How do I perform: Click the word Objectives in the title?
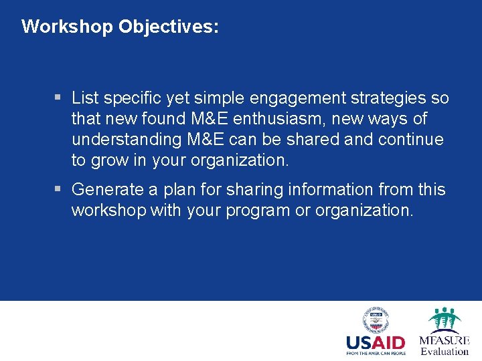[x=168, y=27]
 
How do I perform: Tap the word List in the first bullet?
[x=85, y=98]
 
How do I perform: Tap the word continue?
[x=410, y=140]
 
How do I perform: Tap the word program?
[x=259, y=211]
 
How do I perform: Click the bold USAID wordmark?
[x=376, y=342]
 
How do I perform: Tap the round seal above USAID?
[x=376, y=320]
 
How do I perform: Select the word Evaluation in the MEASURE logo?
[x=445, y=352]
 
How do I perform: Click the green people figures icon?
[x=445, y=319]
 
